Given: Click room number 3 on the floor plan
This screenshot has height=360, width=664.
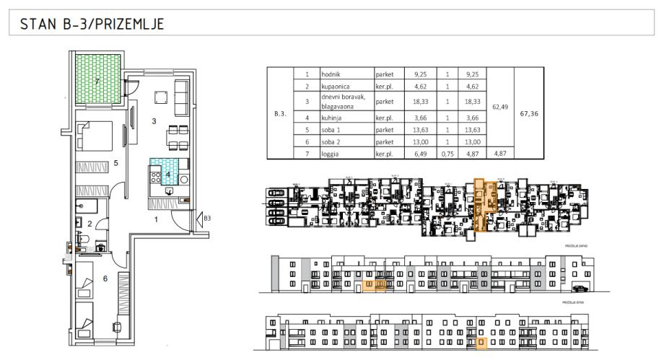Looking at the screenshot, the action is click(154, 121).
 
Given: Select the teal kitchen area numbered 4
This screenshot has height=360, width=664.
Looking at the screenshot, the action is click(167, 173).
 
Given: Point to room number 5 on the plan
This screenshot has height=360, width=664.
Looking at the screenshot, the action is click(115, 163).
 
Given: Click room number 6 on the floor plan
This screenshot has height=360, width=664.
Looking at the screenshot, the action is click(105, 278).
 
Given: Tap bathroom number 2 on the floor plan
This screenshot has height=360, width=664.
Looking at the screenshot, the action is click(89, 224).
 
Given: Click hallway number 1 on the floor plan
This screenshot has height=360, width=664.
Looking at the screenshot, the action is click(157, 220).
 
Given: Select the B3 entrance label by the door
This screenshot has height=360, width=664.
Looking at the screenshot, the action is click(206, 217).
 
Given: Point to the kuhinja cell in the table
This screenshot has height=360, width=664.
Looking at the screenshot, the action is click(333, 118).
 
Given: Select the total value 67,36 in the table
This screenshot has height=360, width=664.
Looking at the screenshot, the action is click(529, 113).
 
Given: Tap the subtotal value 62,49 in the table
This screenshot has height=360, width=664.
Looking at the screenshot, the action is click(499, 106).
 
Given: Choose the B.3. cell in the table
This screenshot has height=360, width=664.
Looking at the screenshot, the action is click(281, 113).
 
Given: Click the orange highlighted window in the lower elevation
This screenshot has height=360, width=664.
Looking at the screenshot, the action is click(481, 343).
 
